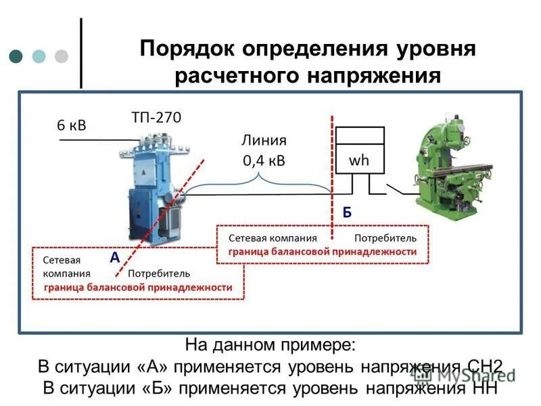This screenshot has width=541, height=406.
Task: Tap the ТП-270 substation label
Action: coord(156,117)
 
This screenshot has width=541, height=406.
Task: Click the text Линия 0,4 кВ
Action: coord(264,150)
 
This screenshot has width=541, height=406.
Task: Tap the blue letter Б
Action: coord(346,212)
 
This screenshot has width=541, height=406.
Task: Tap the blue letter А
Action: coord(114,258)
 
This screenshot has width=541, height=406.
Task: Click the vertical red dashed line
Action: coord(331,176)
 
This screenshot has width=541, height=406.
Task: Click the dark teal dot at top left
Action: coord(16,55)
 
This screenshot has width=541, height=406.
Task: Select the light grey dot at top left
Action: coord(62,55)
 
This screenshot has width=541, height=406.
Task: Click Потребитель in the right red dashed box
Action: coord(385,238)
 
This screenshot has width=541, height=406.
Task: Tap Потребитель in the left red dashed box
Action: coord(159,273)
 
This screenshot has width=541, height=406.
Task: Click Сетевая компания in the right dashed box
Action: coord(273,238)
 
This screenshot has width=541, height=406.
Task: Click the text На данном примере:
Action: coord(270,345)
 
